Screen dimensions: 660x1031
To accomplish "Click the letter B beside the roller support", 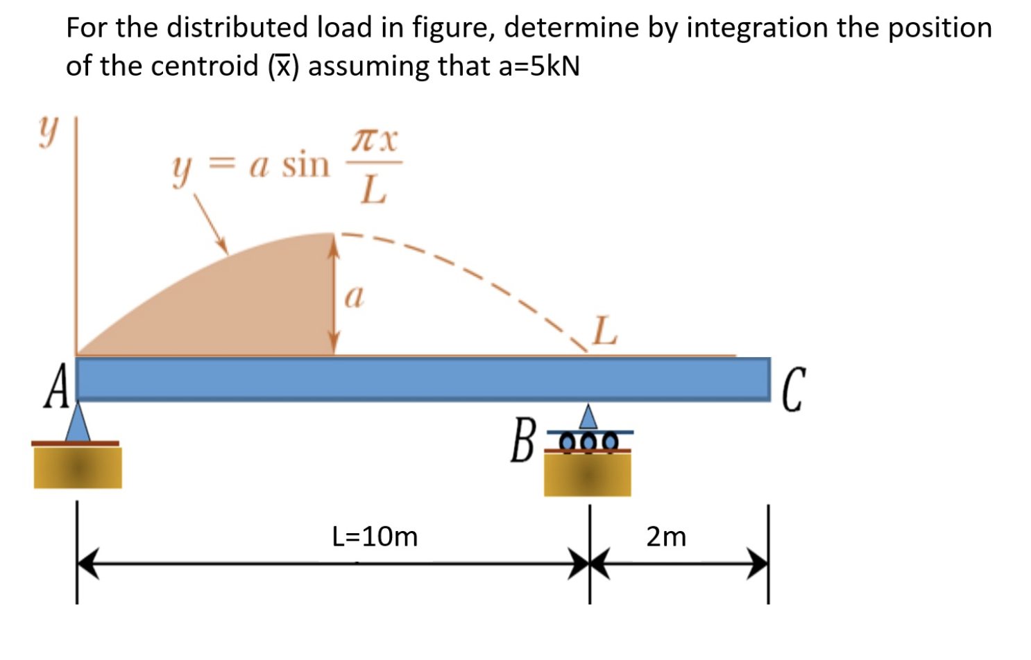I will pos(522,440).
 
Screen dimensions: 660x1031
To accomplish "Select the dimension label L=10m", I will pos(375,537).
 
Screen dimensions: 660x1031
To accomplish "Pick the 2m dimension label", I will pos(666,537).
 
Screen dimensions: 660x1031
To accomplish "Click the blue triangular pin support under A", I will pos(78,423).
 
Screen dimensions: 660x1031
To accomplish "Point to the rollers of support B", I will pos(588,441).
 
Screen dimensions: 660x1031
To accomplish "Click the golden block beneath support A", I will pos(78,468).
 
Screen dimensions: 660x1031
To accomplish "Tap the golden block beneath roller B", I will pos(588,475).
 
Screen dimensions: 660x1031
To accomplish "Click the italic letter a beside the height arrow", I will pos(354,297).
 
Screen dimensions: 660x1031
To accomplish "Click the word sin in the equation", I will pos(305,165).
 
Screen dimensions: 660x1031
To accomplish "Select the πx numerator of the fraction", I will pos(375,140).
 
